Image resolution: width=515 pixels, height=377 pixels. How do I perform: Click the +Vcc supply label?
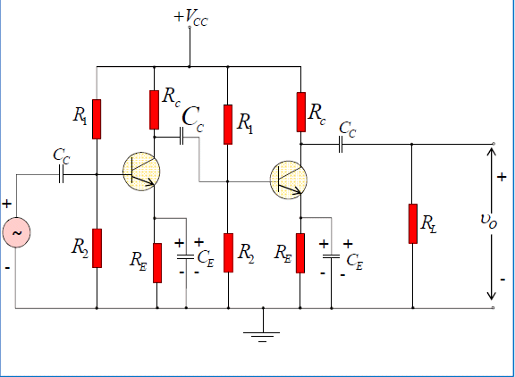(x=190, y=17)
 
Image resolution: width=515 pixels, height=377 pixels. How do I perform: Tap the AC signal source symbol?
(x=16, y=232)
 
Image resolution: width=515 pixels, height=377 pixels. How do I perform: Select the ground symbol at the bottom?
(x=262, y=336)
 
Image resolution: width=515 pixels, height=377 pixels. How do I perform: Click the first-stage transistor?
(x=141, y=172)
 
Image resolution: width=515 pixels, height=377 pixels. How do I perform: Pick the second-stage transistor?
(x=289, y=180)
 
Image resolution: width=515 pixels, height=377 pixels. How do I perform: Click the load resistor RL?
(x=413, y=223)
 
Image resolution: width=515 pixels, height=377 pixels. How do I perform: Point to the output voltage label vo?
(x=489, y=222)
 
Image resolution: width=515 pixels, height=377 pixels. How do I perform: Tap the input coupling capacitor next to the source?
(x=61, y=174)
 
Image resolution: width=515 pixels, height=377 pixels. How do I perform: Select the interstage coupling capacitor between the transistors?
(x=182, y=136)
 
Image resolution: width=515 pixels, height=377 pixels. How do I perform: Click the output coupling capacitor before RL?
(x=341, y=144)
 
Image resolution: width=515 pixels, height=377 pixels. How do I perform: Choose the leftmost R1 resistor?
(x=97, y=119)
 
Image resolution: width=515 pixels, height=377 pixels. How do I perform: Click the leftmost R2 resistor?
(x=97, y=248)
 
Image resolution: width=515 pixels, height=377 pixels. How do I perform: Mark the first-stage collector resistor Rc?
(x=154, y=110)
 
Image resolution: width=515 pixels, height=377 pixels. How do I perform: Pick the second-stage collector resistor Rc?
(x=300, y=113)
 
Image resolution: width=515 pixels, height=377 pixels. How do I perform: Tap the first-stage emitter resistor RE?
(x=157, y=263)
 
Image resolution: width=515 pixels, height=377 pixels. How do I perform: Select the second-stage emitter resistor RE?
(x=300, y=253)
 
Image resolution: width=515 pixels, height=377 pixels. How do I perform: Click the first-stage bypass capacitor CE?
(x=186, y=256)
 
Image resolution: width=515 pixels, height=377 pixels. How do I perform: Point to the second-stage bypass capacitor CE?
(x=331, y=256)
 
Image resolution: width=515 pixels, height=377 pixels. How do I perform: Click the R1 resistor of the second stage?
(x=228, y=124)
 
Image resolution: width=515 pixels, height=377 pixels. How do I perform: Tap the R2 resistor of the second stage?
(x=228, y=253)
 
